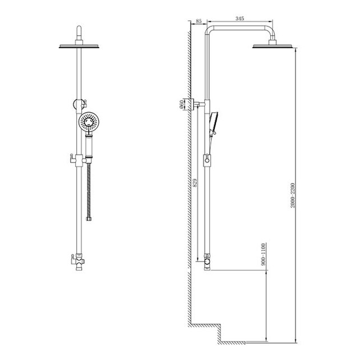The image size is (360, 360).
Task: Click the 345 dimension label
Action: [x=239, y=19]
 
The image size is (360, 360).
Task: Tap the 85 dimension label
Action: [x=199, y=21]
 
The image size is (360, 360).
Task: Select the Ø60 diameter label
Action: [x=181, y=104]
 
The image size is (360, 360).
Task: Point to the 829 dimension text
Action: [x=195, y=183]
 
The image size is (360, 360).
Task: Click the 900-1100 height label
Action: [x=263, y=255]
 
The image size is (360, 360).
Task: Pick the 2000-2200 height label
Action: [x=293, y=195]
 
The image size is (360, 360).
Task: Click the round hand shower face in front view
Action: [x=89, y=122]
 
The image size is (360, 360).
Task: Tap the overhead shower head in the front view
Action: [x=79, y=47]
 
